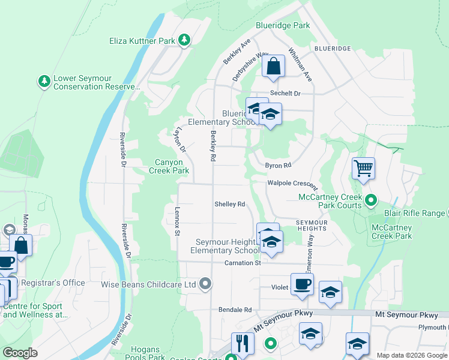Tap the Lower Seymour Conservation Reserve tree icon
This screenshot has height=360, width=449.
(44, 81)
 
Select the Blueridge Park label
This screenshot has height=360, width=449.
(283, 26)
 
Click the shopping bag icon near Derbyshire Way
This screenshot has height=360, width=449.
(273, 67)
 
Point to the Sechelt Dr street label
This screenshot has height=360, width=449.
(285, 94)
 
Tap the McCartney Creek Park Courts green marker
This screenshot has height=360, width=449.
(371, 200)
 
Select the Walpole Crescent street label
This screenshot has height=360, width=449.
(292, 182)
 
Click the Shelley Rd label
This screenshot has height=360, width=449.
(230, 204)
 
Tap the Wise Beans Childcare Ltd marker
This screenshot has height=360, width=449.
(205, 284)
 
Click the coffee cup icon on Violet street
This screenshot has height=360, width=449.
(302, 284)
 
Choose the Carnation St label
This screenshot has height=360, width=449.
(243, 263)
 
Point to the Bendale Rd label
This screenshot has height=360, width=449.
(235, 310)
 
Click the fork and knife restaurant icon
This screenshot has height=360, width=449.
(243, 343)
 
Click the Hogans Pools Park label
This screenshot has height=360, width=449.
(145, 353)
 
